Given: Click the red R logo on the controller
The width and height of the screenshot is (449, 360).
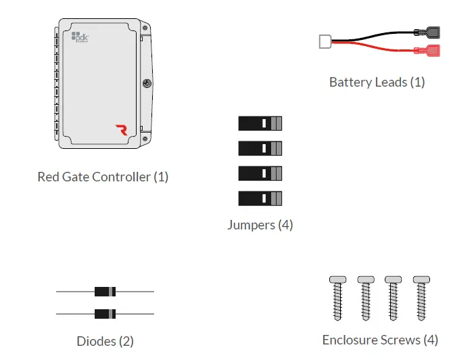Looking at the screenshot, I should coord(121,130).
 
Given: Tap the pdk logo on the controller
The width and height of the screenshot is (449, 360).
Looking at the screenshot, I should coord(80,38).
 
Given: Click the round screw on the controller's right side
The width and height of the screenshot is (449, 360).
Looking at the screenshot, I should coord(146,85).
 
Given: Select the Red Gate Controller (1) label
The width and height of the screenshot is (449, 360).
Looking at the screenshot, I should coord(103,177).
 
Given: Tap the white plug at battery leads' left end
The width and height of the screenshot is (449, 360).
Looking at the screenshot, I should coord(324,41).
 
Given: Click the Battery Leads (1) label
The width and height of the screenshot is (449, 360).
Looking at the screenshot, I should coord(377,83).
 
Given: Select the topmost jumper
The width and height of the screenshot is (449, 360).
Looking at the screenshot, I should coord(260,123).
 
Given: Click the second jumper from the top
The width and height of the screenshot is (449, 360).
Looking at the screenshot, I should coord(260,148).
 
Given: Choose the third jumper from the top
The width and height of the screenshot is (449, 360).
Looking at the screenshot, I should coord(260,173).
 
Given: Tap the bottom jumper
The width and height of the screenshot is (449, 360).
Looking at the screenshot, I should coord(260,198).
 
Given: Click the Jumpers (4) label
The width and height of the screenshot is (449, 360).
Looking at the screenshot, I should coord(260,225).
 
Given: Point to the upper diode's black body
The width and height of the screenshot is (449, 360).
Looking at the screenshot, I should coord(105,292).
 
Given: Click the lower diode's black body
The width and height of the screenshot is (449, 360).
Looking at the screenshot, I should coord(105,314).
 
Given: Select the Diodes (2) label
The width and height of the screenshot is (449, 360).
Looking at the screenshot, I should coord(105,341).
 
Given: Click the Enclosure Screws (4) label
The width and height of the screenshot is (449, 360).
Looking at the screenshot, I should coord(380,340).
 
